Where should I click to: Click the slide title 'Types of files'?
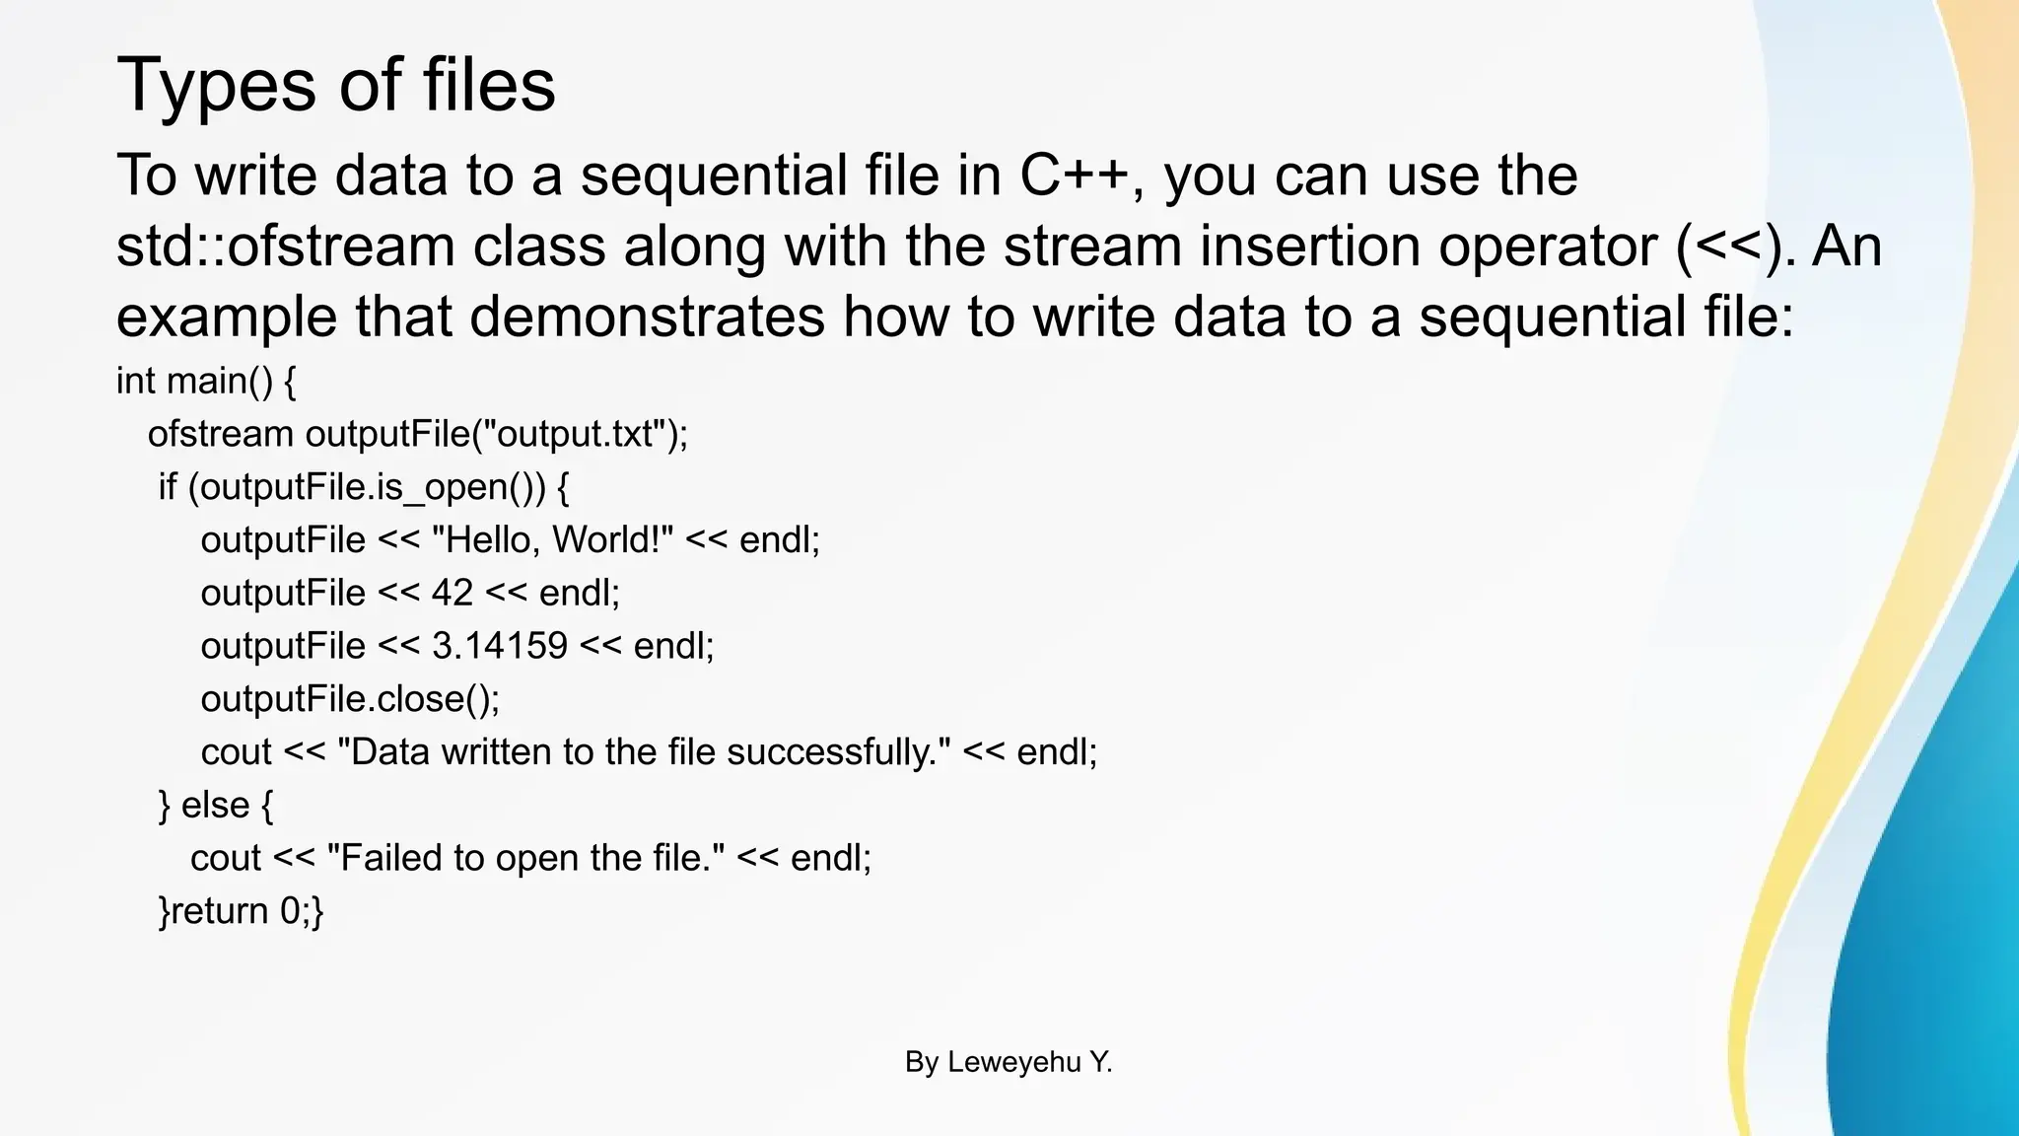336,85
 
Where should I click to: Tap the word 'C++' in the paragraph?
1074,176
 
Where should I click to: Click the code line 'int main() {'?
206,381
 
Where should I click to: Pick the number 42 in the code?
453,593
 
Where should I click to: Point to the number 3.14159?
500,646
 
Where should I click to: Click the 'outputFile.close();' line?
350,699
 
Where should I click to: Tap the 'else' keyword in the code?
215,806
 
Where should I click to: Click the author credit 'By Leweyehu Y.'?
1009,1062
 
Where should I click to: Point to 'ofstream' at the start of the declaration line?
221,434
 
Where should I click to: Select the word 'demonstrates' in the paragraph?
647,318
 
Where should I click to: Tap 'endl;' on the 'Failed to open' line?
831,858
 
